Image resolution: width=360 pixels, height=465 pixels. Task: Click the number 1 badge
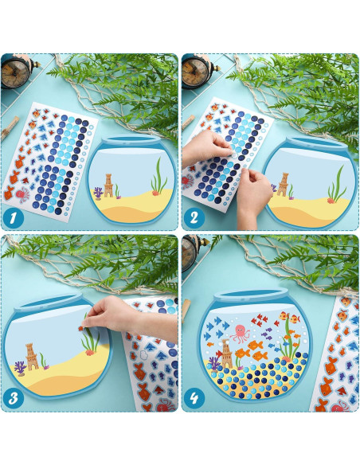13,218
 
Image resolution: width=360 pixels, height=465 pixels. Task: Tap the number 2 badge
194,218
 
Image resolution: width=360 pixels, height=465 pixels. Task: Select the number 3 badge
14,399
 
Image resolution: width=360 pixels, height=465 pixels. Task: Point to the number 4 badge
194,399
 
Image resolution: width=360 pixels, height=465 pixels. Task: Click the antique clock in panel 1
15,72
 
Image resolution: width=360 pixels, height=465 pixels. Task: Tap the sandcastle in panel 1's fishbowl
108,186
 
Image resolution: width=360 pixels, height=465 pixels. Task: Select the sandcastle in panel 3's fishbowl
31,357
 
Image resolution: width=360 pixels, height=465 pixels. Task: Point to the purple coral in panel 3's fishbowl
20,369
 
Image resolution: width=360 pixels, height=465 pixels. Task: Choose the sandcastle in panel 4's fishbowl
226,354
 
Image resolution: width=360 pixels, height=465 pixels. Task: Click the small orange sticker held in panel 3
80,328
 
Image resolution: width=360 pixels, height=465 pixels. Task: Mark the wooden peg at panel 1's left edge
10,127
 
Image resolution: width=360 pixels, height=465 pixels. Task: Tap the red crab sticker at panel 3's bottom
165,405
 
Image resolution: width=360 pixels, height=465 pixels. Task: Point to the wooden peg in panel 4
186,311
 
